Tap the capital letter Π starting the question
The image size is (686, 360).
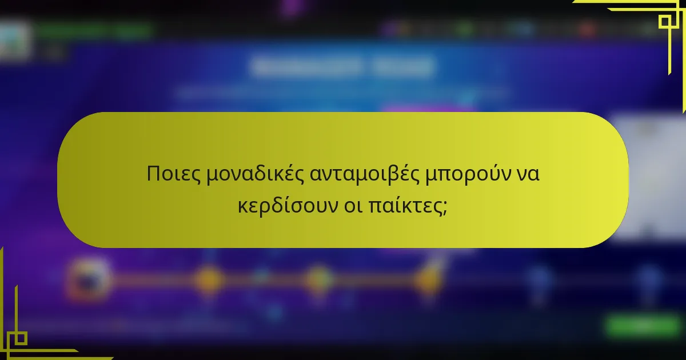153,174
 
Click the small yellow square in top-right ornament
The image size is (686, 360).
664,22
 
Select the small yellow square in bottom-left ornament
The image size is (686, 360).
20,338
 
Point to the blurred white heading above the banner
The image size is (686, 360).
342,67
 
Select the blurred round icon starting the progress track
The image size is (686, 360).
89,279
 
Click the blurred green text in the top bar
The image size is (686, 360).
94,30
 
